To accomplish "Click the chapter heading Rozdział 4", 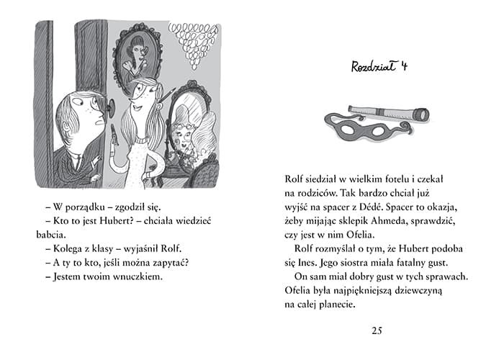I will [379, 68].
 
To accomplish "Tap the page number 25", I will [377, 330].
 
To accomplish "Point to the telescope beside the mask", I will [389, 114].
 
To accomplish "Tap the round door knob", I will [109, 109].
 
